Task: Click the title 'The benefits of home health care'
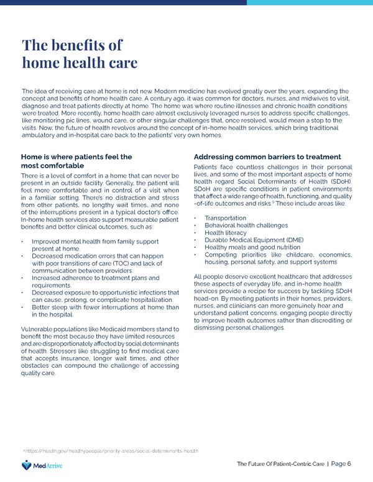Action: click(79, 54)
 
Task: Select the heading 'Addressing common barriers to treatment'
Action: click(267, 157)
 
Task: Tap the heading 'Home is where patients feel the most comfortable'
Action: click(76, 161)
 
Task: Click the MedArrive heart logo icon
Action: click(25, 465)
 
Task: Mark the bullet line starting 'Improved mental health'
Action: click(91, 241)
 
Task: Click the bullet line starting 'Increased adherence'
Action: click(95, 278)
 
